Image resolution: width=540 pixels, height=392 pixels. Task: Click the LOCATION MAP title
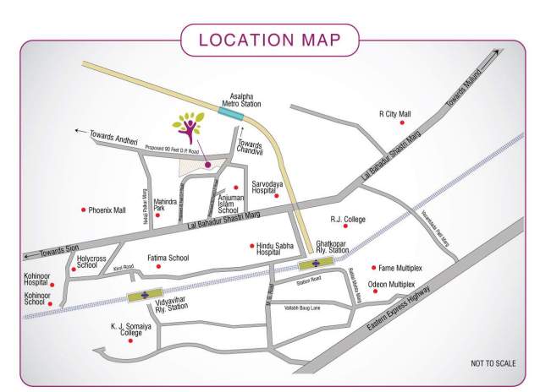[x=269, y=40]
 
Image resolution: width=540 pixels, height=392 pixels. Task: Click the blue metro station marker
[x=229, y=113]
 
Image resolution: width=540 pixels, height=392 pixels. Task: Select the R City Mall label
[x=394, y=114]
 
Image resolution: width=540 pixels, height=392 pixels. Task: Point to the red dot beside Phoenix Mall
[x=83, y=210]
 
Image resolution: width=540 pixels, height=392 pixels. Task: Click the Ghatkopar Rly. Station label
[x=332, y=248]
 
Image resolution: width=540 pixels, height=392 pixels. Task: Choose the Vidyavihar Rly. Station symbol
[x=145, y=295]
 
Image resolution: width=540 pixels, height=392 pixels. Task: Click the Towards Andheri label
[x=114, y=133]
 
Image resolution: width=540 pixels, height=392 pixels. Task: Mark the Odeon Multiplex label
[x=403, y=285]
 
